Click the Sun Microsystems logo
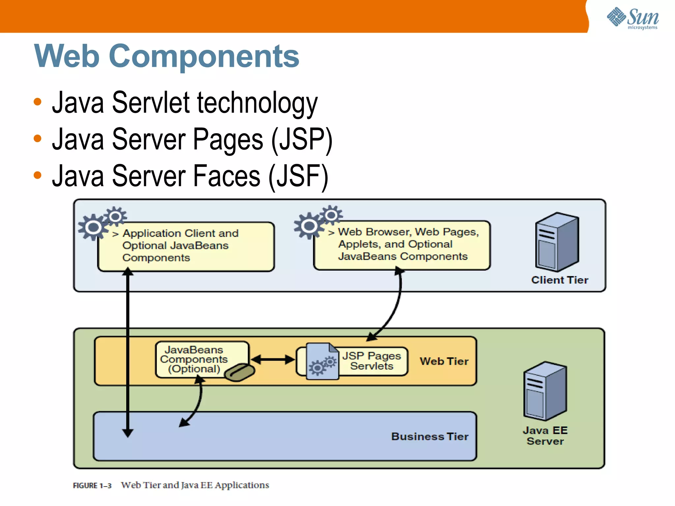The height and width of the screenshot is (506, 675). [x=633, y=18]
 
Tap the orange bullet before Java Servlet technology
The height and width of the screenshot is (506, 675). [x=38, y=102]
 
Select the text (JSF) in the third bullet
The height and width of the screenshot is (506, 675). [x=299, y=176]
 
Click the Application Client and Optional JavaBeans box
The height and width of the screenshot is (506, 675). [x=186, y=247]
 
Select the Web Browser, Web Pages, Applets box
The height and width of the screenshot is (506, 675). [x=402, y=245]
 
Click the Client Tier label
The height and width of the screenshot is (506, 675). [x=560, y=280]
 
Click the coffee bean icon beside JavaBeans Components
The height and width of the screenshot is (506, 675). [x=240, y=372]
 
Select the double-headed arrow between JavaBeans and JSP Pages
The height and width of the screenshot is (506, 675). [x=273, y=359]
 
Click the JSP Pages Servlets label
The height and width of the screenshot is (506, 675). [x=372, y=361]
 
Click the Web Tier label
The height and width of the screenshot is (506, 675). [x=444, y=361]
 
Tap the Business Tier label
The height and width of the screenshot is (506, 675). [x=430, y=436]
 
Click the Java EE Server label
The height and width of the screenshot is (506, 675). [x=545, y=436]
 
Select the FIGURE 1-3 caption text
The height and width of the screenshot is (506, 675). [x=171, y=485]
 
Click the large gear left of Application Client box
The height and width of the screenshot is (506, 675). [x=93, y=227]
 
